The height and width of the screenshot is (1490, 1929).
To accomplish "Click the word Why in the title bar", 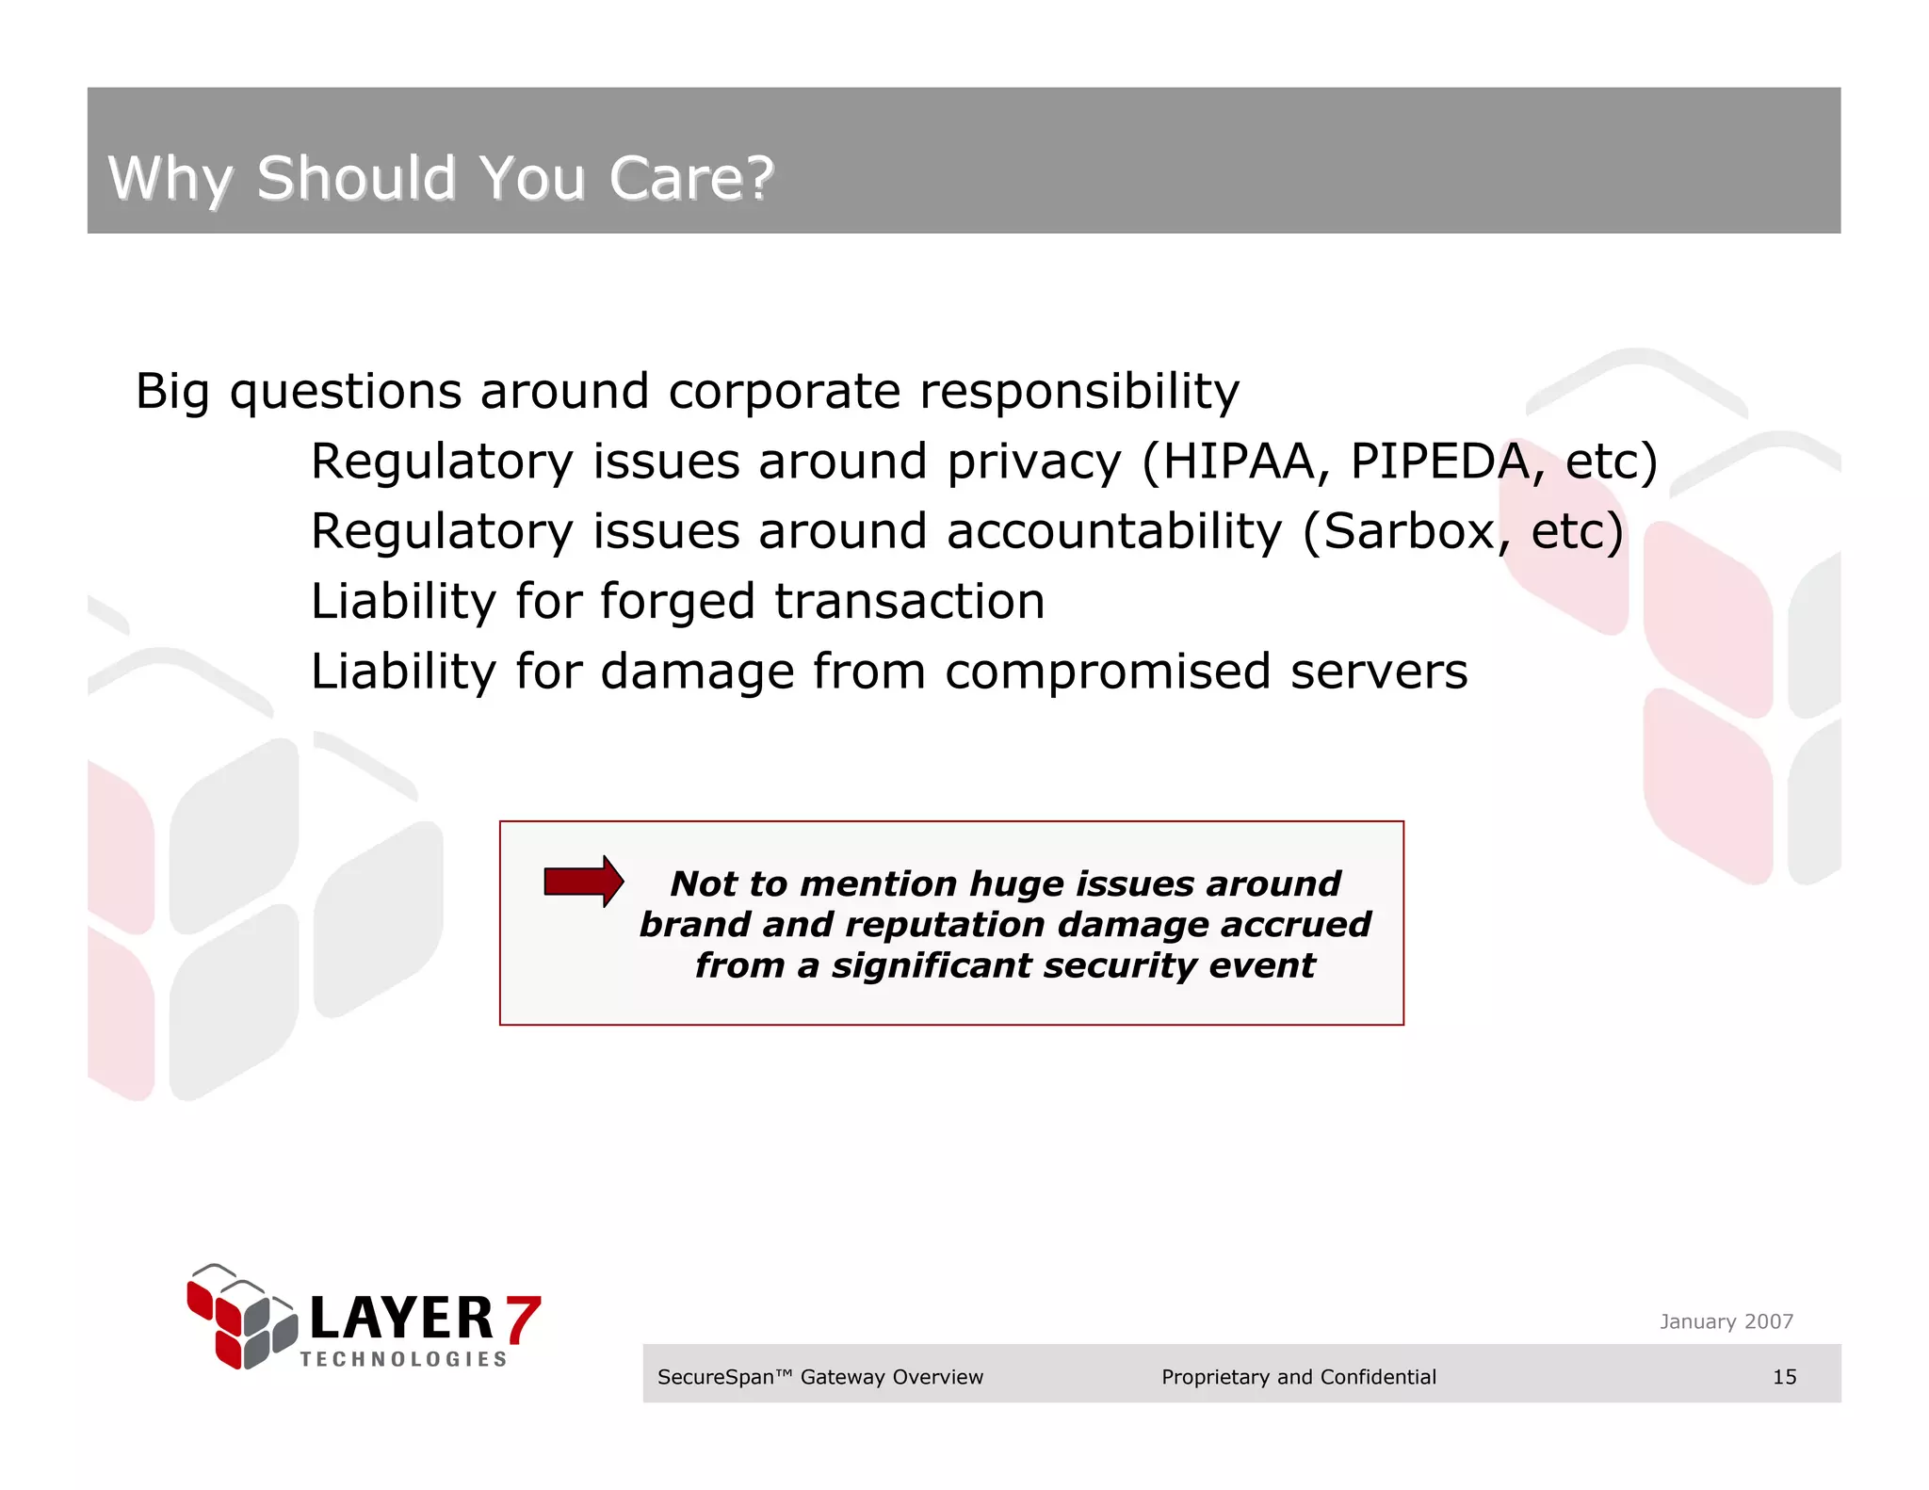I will click(x=169, y=179).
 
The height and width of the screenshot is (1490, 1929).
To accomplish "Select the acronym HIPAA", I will click(x=1239, y=462).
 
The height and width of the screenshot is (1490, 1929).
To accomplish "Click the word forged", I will click(x=677, y=603).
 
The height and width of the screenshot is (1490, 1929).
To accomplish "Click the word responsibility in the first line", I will click(x=1078, y=392).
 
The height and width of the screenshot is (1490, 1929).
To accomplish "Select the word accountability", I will click(x=1113, y=531).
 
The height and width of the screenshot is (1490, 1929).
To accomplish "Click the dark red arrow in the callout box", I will click(x=583, y=882).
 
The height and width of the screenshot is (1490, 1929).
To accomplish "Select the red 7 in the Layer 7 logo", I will click(x=523, y=1319).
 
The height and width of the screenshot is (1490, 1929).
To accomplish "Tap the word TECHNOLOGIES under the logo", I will click(x=403, y=1359).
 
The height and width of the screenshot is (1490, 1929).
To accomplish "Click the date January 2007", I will click(x=1726, y=1321).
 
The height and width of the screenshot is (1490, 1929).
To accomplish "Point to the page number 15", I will click(x=1784, y=1377).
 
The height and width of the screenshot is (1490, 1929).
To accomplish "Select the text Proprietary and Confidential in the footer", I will click(x=1298, y=1377).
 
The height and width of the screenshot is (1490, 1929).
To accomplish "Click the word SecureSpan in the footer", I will click(x=716, y=1377).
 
